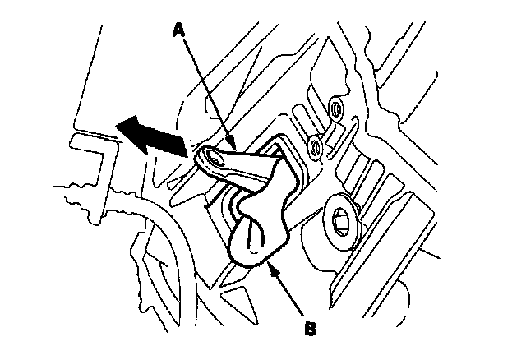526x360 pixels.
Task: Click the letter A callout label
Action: click(x=179, y=30)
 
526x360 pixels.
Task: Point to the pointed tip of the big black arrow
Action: click(x=117, y=125)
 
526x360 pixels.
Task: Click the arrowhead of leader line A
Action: click(x=233, y=150)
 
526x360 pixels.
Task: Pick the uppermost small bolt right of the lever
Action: click(x=335, y=106)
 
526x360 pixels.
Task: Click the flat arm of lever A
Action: click(x=247, y=164)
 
